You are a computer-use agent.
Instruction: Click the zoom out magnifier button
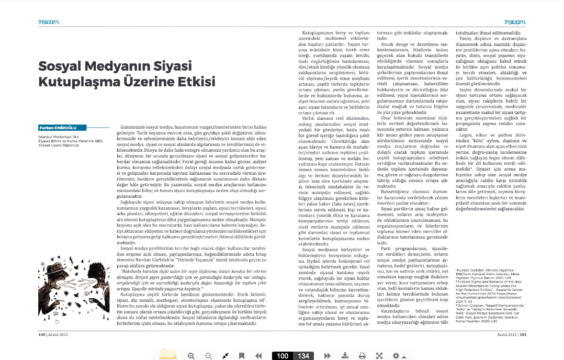point(208,356)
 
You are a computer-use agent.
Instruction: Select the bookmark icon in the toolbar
point(242,356)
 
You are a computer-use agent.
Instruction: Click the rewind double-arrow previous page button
point(258,356)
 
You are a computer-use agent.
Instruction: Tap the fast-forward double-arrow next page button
point(327,356)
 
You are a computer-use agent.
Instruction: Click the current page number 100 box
point(283,356)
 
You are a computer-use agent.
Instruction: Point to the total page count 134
point(303,356)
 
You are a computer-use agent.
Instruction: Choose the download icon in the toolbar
point(345,356)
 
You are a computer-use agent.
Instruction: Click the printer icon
point(362,356)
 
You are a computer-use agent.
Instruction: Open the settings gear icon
point(396,356)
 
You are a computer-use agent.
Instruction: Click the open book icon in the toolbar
point(168,355)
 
